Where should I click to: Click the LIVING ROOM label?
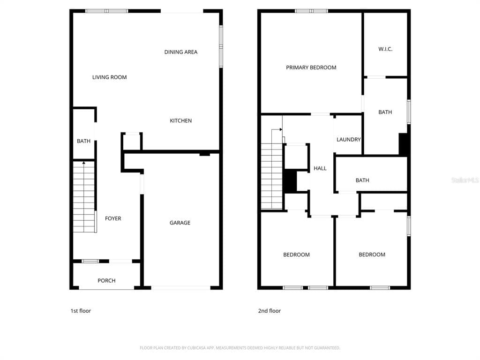pyautogui.click(x=109, y=77)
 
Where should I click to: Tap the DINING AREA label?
pyautogui.click(x=180, y=52)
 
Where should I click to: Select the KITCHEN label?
pyautogui.click(x=180, y=121)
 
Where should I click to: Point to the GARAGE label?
pyautogui.click(x=180, y=223)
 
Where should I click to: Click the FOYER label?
pyautogui.click(x=112, y=218)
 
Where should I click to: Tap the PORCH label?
pyautogui.click(x=106, y=281)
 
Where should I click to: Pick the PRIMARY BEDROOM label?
pyautogui.click(x=311, y=67)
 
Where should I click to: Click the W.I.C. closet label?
pyautogui.click(x=385, y=49)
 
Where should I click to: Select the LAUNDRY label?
pyautogui.click(x=348, y=140)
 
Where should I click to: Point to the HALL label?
pyautogui.click(x=320, y=168)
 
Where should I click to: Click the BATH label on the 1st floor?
pyautogui.click(x=83, y=141)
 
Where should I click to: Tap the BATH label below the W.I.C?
pyautogui.click(x=385, y=112)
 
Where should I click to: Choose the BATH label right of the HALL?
pyautogui.click(x=362, y=180)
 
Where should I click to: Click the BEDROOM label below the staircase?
pyautogui.click(x=296, y=255)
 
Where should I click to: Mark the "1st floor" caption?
pyautogui.click(x=81, y=311)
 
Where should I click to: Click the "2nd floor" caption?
pyautogui.click(x=269, y=311)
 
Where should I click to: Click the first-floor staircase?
pyautogui.click(x=84, y=197)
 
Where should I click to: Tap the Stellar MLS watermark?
pyautogui.click(x=465, y=180)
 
